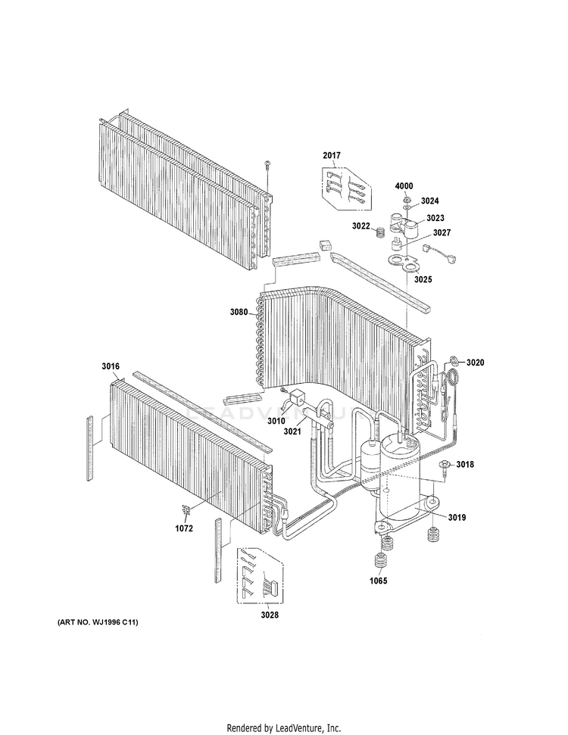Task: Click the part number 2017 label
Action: [332, 155]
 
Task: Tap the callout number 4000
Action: [404, 186]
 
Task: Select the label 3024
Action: [429, 201]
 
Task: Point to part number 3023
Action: [435, 218]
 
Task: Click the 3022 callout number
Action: [361, 226]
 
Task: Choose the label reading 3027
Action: [442, 232]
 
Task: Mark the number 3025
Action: [423, 279]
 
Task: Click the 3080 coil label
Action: [239, 312]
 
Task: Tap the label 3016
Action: [111, 366]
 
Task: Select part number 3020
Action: [475, 363]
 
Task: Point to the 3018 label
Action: [465, 465]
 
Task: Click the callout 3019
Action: [457, 518]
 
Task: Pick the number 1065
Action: [379, 581]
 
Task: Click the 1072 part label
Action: [184, 528]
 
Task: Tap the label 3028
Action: [270, 615]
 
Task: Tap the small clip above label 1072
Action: [186, 510]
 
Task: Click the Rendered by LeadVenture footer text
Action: [284, 728]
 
